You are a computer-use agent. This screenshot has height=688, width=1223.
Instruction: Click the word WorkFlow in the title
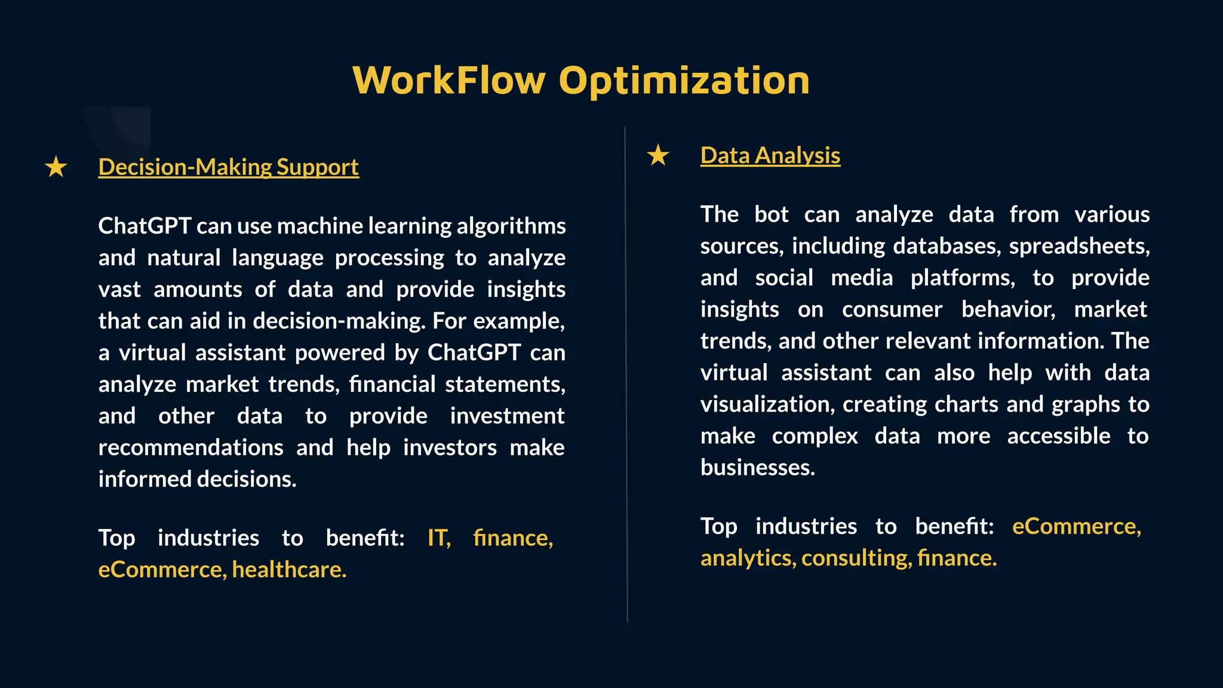(449, 81)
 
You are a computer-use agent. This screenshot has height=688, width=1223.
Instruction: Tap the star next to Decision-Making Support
(56, 167)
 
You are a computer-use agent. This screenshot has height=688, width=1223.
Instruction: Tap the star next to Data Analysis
(658, 155)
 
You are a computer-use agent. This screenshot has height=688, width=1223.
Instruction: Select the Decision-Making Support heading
(228, 167)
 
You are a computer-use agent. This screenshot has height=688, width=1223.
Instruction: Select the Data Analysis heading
(770, 155)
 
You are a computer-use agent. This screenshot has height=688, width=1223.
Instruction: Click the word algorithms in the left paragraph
(511, 226)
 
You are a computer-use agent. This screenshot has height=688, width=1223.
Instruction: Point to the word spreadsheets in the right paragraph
(1078, 246)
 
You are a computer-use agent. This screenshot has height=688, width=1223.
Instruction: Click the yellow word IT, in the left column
(439, 538)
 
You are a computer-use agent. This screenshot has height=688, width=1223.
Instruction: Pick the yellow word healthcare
(289, 570)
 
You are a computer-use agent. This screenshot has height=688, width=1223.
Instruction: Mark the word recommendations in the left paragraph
(190, 448)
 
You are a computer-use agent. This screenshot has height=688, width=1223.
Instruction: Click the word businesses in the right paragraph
(757, 468)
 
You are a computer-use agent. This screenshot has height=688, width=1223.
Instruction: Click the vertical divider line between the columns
(626, 370)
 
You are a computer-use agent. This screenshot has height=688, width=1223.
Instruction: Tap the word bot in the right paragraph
(771, 214)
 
